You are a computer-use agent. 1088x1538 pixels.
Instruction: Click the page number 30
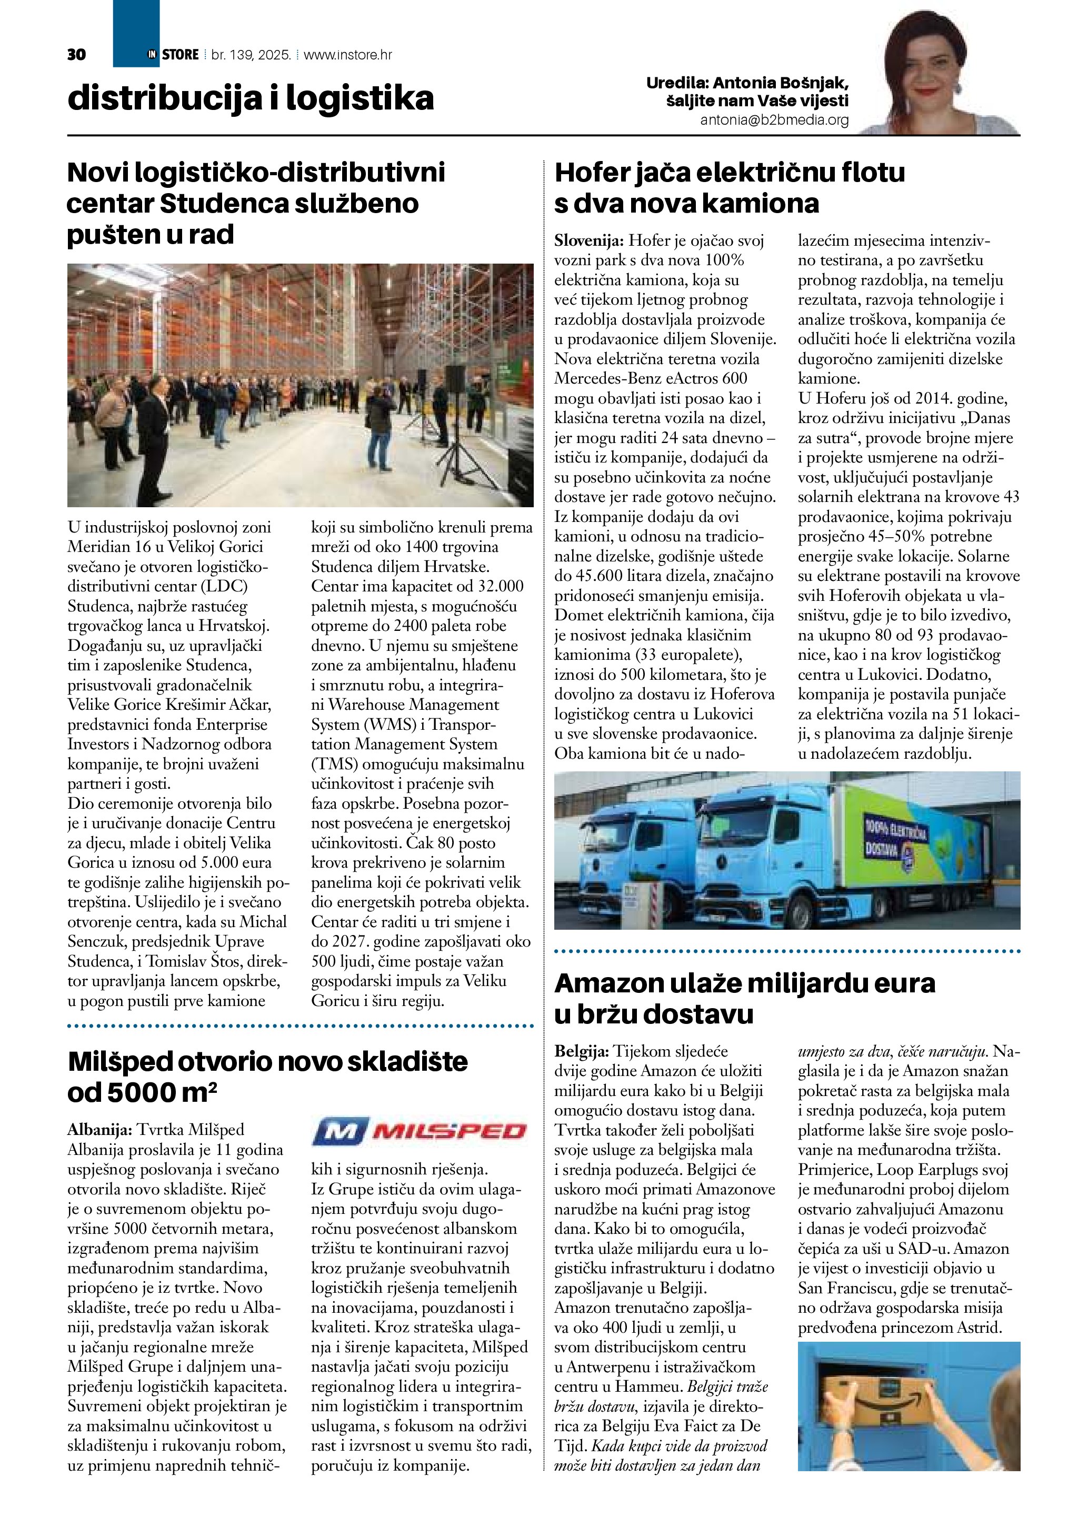(x=76, y=55)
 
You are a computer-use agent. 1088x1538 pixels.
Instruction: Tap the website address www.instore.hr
(x=348, y=55)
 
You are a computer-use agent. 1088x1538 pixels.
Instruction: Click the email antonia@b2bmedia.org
(x=774, y=120)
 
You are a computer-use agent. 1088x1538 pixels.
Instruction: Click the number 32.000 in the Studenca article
(x=501, y=587)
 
